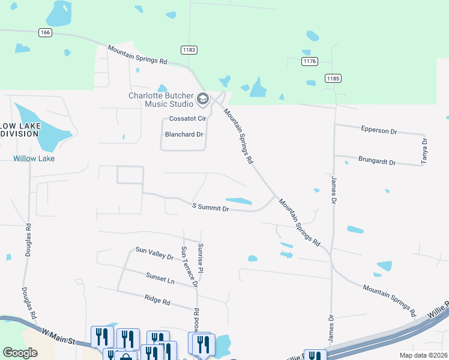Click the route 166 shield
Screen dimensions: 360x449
pyautogui.click(x=44, y=32)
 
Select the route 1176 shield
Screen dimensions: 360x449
pyautogui.click(x=310, y=61)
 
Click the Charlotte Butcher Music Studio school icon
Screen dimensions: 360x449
pyautogui.click(x=203, y=98)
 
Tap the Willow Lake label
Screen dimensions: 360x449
pyautogui.click(x=34, y=158)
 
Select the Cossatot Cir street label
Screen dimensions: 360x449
pyautogui.click(x=187, y=119)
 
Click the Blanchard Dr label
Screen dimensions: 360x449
pyautogui.click(x=184, y=134)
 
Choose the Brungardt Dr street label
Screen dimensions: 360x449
pyautogui.click(x=377, y=162)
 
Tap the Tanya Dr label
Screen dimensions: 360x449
pyautogui.click(x=424, y=151)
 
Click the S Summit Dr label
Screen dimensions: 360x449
pyautogui.click(x=210, y=208)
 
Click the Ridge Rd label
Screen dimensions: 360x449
pyautogui.click(x=157, y=299)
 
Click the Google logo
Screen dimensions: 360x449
pyautogui.click(x=20, y=353)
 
